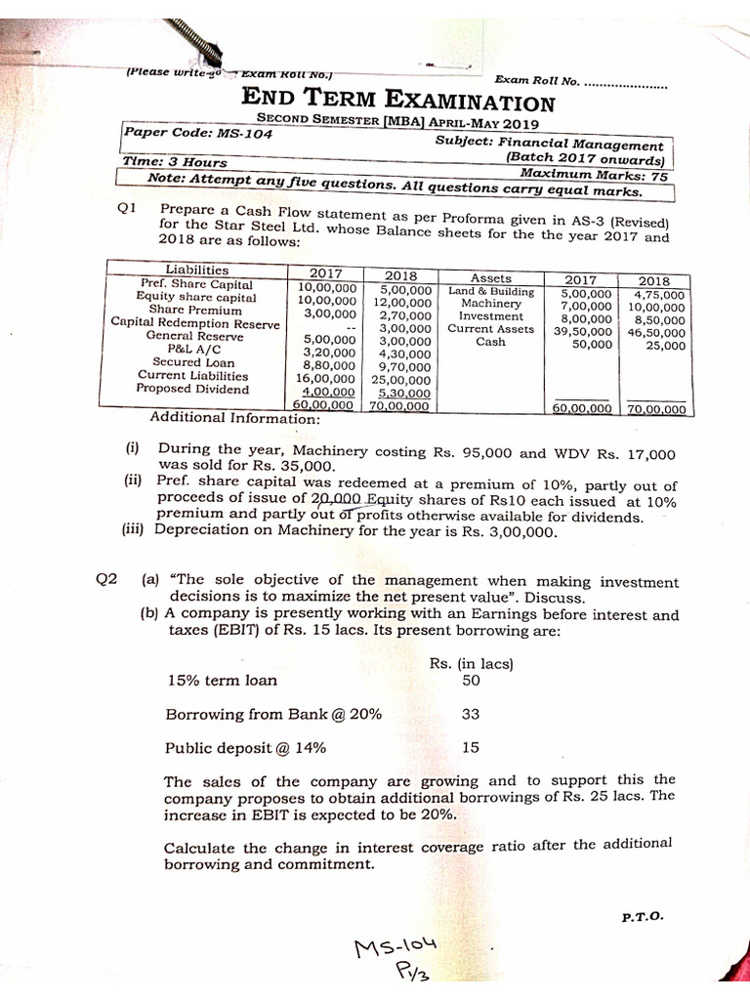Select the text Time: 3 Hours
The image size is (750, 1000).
click(x=175, y=162)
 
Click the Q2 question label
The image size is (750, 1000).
click(x=106, y=579)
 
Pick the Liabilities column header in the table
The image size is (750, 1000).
click(x=197, y=270)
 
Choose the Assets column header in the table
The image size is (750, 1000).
click(x=491, y=277)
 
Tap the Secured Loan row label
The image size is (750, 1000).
click(x=193, y=361)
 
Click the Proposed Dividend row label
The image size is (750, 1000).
click(x=192, y=389)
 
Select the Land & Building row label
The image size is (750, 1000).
click(x=491, y=291)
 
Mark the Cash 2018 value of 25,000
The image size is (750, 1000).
click(x=665, y=345)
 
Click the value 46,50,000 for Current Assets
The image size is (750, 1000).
click(x=657, y=332)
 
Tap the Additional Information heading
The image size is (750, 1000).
click(x=234, y=419)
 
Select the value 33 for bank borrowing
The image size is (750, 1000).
click(x=470, y=714)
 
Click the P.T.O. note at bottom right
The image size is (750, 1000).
click(x=642, y=917)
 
